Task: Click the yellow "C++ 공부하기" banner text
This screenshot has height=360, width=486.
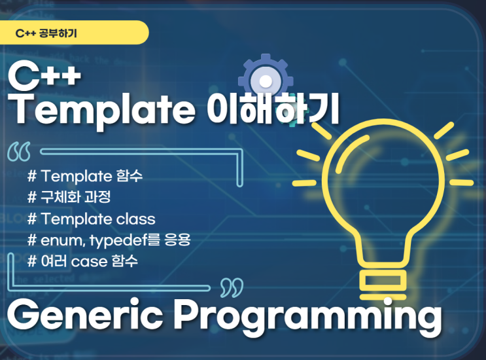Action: pos(46,33)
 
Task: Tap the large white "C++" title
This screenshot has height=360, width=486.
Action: pos(44,77)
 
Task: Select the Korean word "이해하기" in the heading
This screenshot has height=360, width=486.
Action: pos(273,109)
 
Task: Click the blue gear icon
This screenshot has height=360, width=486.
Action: pos(266,81)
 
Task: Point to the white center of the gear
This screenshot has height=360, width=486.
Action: pos(266,82)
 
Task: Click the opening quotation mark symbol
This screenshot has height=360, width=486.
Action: pos(19,152)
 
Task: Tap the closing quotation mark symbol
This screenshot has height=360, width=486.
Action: pos(232,287)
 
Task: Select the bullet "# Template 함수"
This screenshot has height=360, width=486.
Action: pos(85,176)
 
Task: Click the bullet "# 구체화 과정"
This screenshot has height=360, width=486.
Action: pos(69,197)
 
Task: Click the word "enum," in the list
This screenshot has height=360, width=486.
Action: pos(63,240)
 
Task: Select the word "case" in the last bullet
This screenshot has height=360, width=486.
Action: pos(89,262)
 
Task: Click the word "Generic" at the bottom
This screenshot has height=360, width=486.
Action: pos(85,316)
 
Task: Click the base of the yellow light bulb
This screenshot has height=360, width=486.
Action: pos(383,284)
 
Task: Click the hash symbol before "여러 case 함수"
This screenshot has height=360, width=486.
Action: pos(32,261)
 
